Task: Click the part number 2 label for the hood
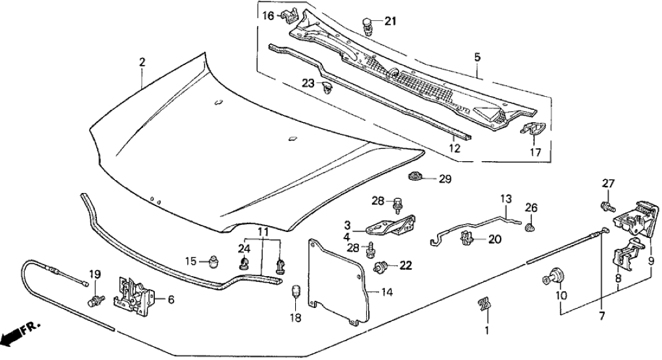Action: [142, 62]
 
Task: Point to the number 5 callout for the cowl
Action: [477, 58]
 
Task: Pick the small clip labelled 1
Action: [483, 304]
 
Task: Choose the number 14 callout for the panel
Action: [386, 292]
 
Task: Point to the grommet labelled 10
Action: [555, 278]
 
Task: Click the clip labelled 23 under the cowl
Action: [328, 87]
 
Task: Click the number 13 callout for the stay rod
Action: [507, 198]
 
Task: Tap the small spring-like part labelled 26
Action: [530, 227]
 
